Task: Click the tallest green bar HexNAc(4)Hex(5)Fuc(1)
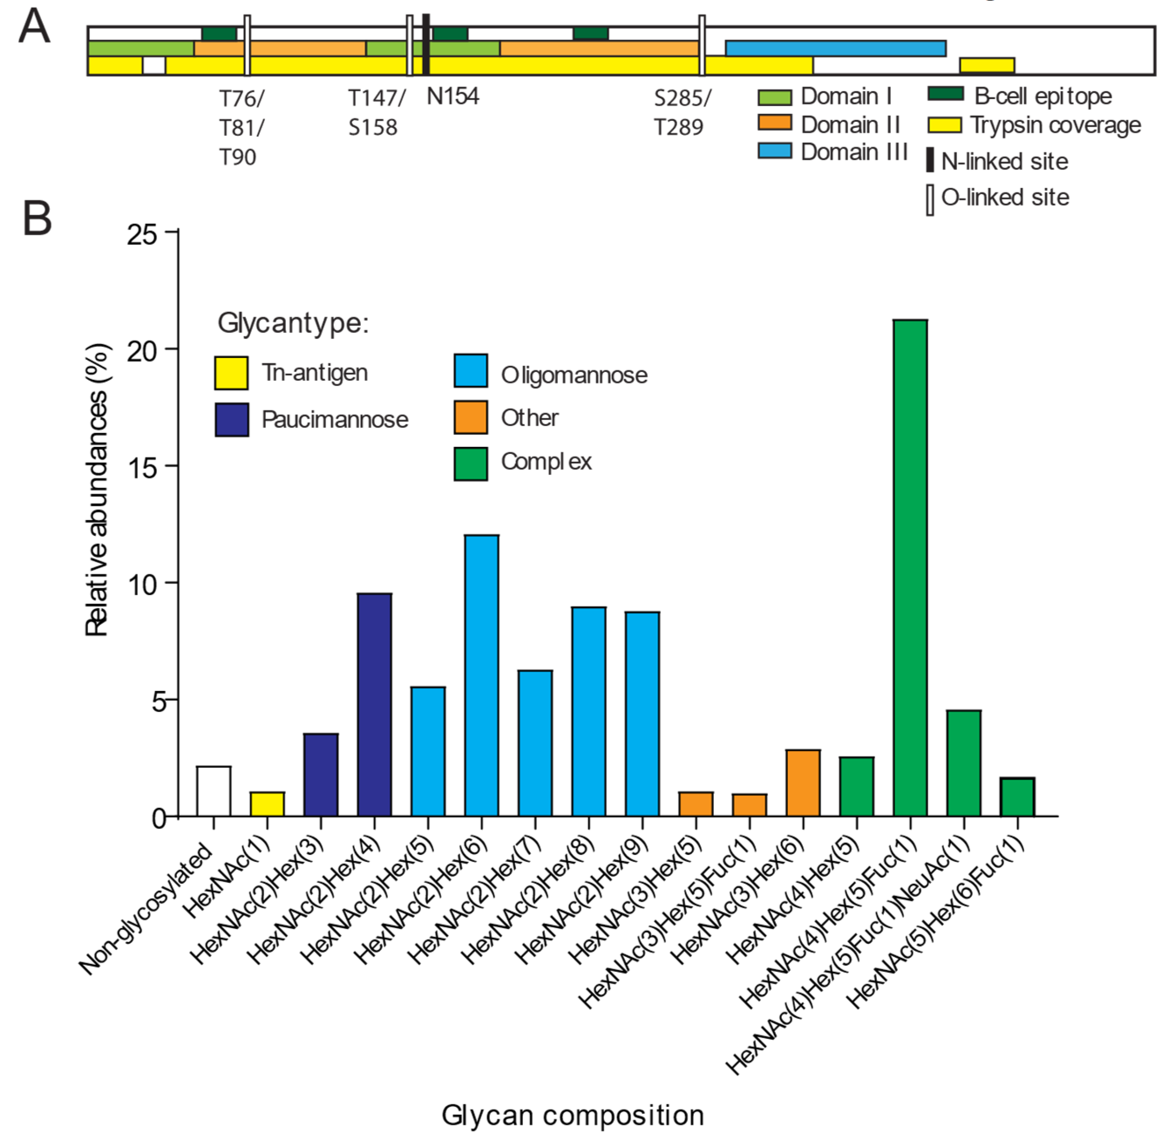[x=909, y=567]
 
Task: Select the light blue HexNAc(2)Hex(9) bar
[x=642, y=713]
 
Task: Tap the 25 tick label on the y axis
[x=142, y=234]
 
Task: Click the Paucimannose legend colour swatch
[x=232, y=419]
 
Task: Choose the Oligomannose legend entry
[x=573, y=375]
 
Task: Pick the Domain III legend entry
[x=853, y=152]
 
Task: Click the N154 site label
[x=453, y=96]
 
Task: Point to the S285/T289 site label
[x=681, y=113]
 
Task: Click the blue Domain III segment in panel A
[x=835, y=48]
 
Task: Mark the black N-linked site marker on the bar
[x=426, y=44]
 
